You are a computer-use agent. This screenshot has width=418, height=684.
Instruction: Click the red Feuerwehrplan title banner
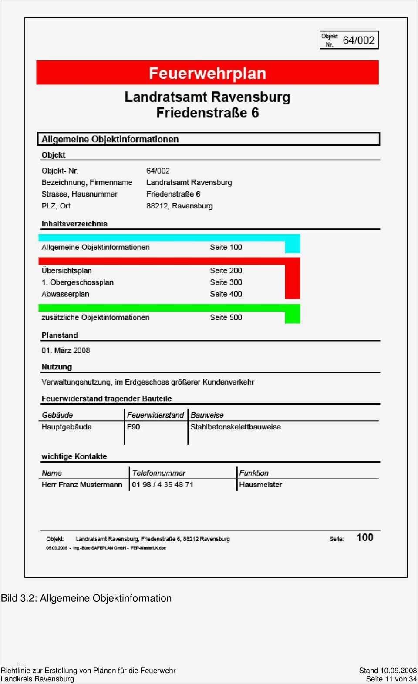(x=207, y=73)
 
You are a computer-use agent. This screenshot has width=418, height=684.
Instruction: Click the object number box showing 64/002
(x=349, y=40)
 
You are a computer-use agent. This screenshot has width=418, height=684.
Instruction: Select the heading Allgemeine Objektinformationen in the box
(x=110, y=139)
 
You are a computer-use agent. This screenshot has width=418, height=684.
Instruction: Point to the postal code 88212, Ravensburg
(x=179, y=206)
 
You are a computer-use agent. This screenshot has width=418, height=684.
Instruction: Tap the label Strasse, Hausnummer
(x=79, y=194)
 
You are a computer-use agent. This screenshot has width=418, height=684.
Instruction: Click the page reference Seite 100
(x=226, y=247)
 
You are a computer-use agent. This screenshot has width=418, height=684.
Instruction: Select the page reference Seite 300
(x=226, y=282)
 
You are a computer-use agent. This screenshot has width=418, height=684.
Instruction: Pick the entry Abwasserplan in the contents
(x=65, y=294)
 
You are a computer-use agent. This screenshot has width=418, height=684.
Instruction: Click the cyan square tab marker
(x=293, y=246)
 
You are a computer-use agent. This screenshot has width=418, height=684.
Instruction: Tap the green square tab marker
(x=293, y=316)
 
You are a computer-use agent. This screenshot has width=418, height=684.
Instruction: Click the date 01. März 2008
(x=66, y=350)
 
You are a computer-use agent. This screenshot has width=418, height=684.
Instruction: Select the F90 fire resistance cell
(x=134, y=427)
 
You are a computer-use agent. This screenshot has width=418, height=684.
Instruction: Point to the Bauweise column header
(x=207, y=415)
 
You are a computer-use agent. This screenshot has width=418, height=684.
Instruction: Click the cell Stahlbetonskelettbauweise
(x=236, y=427)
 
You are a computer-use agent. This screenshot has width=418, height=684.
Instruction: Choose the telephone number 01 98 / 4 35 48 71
(x=162, y=485)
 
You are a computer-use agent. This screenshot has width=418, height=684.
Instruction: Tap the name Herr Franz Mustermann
(x=82, y=485)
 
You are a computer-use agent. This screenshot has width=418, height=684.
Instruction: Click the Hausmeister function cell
(x=260, y=485)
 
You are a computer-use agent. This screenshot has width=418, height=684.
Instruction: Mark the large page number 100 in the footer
(x=364, y=538)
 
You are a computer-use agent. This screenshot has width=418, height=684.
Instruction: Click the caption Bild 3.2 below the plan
(x=86, y=598)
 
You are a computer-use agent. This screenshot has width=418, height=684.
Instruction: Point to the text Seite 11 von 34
(x=391, y=679)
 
